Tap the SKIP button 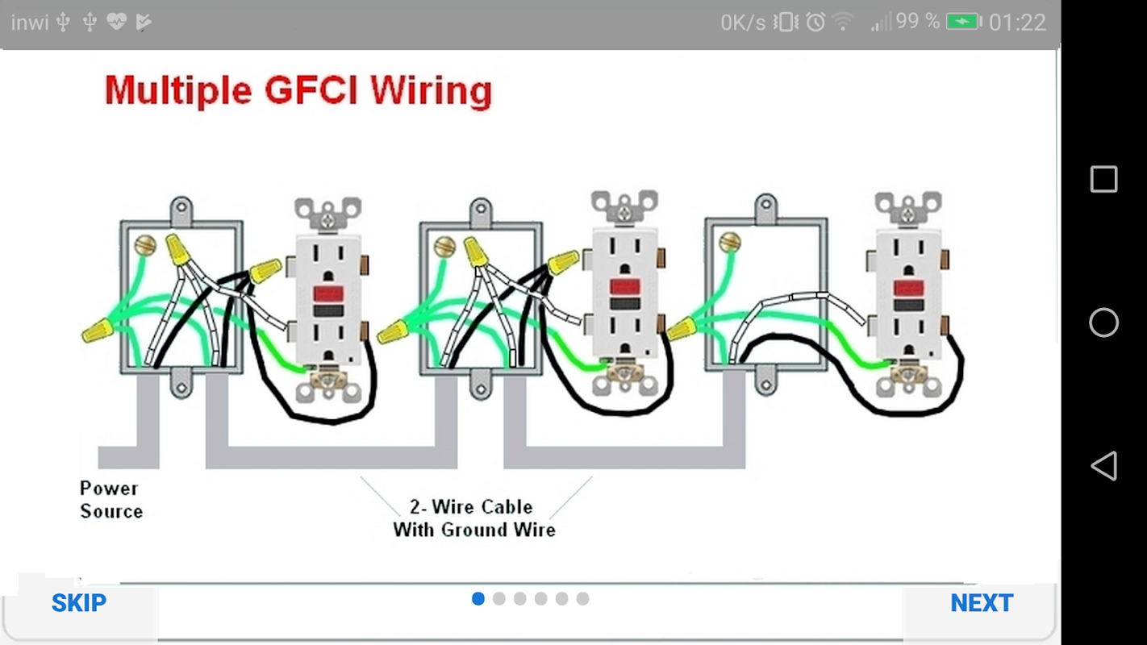click(x=78, y=603)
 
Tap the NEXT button click(x=982, y=603)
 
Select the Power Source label click(x=111, y=500)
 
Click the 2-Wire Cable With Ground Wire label click(x=473, y=518)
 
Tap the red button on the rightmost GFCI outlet click(x=907, y=287)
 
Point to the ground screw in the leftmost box click(x=145, y=243)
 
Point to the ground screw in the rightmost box click(x=730, y=240)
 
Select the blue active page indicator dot click(x=478, y=599)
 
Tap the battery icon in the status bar click(x=963, y=22)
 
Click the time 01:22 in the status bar click(x=1017, y=23)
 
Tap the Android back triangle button click(x=1103, y=466)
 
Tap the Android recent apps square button click(x=1103, y=179)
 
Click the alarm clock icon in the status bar click(x=815, y=23)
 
